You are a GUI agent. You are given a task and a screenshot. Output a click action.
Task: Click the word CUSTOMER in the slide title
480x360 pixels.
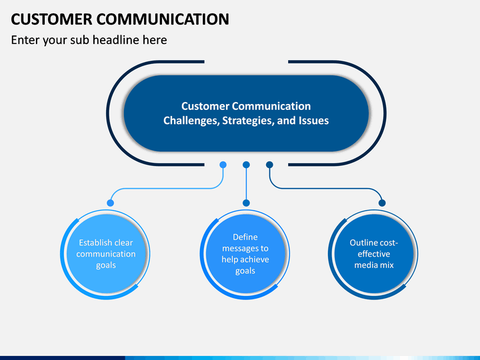[x=51, y=19]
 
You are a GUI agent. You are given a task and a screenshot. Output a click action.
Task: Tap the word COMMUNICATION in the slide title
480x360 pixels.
[x=163, y=19]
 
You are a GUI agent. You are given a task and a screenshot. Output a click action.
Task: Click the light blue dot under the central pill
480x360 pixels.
[x=223, y=165]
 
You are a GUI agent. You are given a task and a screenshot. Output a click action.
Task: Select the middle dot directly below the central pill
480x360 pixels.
[x=246, y=165]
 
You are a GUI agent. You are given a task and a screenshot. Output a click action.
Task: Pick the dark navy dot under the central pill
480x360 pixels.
[x=269, y=165]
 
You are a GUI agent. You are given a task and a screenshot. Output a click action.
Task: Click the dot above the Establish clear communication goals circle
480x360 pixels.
[x=110, y=203]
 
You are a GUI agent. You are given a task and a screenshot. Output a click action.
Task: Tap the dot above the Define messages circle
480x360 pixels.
[x=246, y=203]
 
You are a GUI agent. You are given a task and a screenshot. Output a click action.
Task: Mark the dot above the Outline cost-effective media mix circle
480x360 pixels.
[x=382, y=203]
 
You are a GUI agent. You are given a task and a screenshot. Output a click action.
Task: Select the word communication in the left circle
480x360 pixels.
[x=106, y=254]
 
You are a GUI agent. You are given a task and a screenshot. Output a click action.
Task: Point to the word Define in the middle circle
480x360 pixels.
[x=245, y=237]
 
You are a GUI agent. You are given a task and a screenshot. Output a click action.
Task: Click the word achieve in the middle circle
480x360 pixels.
[x=255, y=259]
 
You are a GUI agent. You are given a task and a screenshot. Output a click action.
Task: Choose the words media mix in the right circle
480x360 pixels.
[x=374, y=265]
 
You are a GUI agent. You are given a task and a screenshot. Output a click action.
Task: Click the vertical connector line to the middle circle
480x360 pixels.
[x=246, y=184]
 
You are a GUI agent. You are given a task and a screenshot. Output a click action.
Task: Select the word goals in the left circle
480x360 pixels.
[x=106, y=265]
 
